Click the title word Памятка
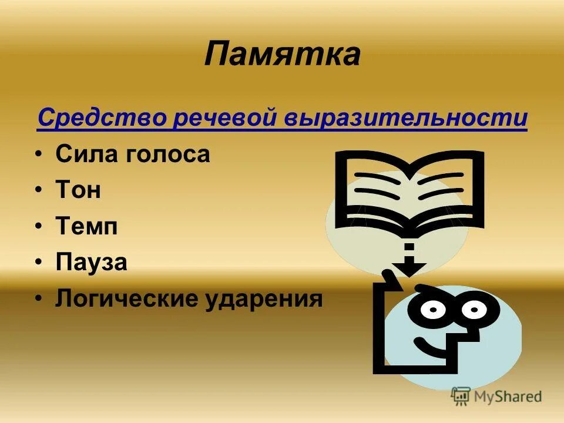pyautogui.click(x=282, y=55)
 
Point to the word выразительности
pyautogui.click(x=407, y=117)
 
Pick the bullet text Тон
pyautogui.click(x=78, y=190)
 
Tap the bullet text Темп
pyautogui.click(x=86, y=226)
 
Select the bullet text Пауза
pyautogui.click(x=91, y=262)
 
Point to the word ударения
pyautogui.click(x=264, y=298)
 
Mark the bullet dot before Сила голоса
pyautogui.click(x=38, y=155)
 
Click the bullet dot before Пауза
pyautogui.click(x=38, y=263)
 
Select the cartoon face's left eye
pyautogui.click(x=432, y=308)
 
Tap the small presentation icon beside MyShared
pyautogui.click(x=461, y=397)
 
